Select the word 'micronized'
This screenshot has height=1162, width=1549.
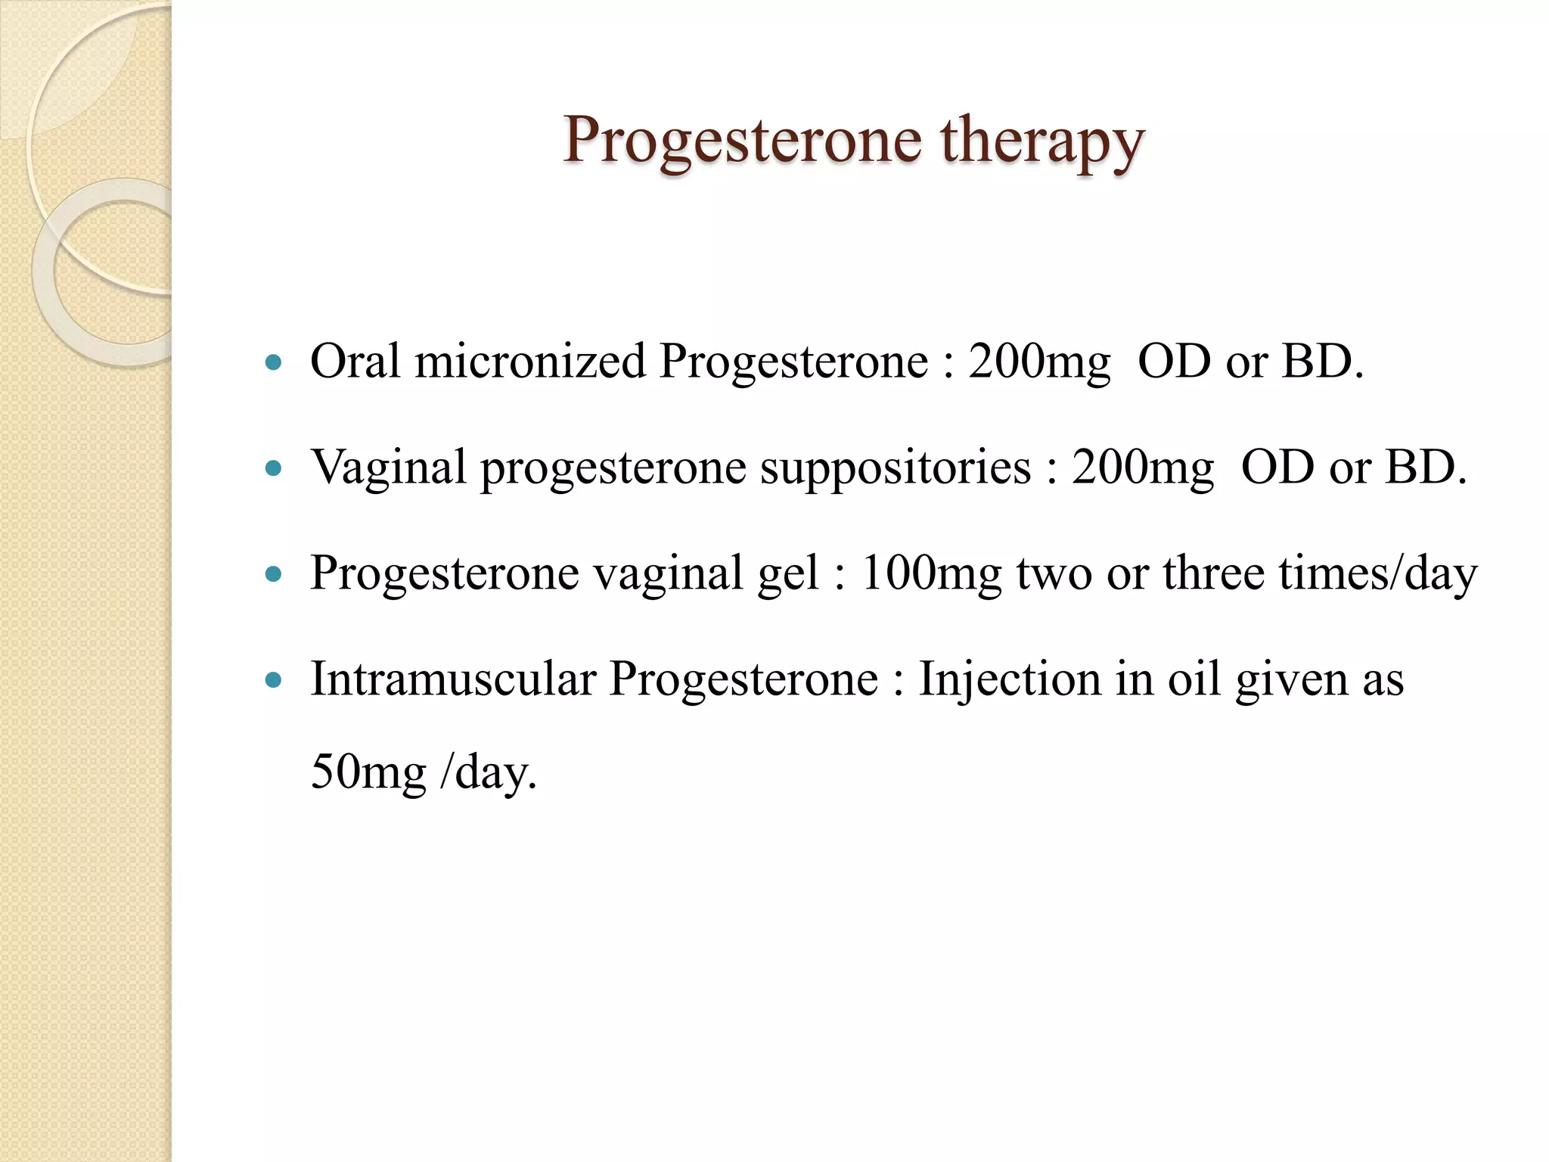tap(529, 362)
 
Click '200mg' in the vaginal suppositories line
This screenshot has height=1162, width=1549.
tap(1143, 468)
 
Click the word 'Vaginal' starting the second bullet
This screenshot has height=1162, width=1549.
tap(389, 468)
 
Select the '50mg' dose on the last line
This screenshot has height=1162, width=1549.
tap(368, 774)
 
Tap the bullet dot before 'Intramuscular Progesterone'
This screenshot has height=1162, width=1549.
tap(275, 679)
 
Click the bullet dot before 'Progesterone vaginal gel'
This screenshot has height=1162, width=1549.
tap(275, 574)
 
